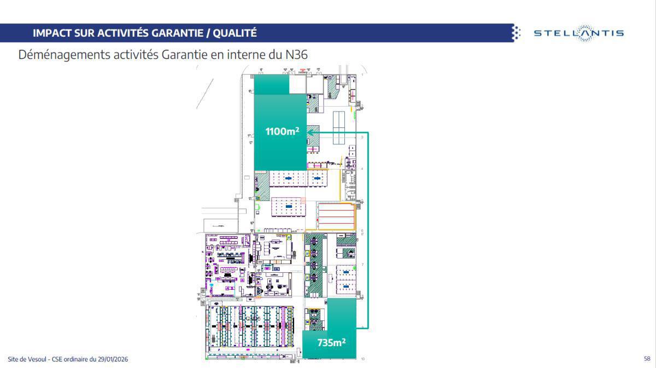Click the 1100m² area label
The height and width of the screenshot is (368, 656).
click(282, 131)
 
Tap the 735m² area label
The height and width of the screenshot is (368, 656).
click(331, 343)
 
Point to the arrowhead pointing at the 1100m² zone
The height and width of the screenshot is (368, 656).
click(310, 132)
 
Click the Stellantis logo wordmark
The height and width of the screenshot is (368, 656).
click(579, 33)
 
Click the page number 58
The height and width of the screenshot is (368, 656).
click(647, 359)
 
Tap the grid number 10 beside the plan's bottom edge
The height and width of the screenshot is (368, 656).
click(363, 359)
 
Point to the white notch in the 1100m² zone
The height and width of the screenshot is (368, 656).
click(297, 85)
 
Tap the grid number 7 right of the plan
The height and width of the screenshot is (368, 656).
click(362, 265)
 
